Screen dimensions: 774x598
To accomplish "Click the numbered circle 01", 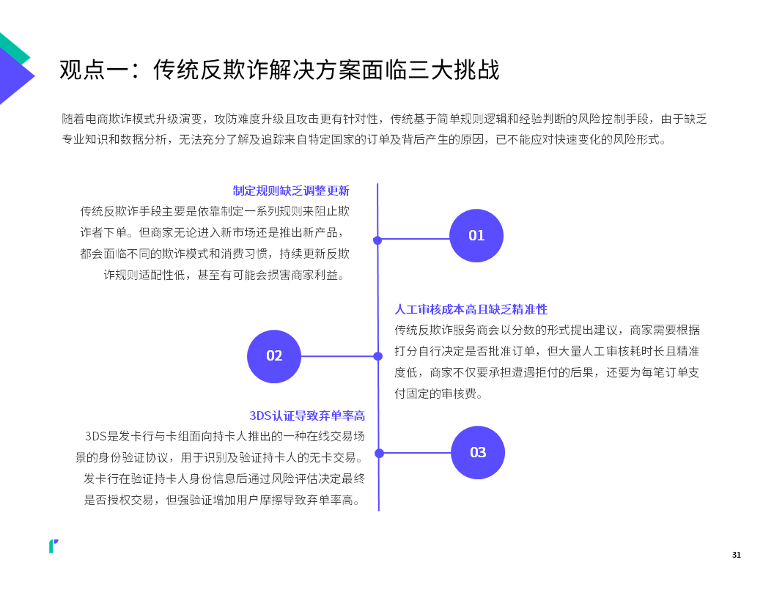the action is (476, 235).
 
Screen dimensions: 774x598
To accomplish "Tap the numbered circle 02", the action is (274, 356).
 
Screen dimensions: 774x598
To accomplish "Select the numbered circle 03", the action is (478, 452).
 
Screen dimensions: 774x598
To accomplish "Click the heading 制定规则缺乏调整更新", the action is (291, 191).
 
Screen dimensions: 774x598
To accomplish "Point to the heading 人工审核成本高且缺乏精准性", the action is (471, 309).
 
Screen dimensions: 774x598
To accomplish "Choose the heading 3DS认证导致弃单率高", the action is (307, 416).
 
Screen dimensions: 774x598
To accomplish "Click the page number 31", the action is (737, 555).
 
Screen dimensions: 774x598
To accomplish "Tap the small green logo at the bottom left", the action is (53, 546).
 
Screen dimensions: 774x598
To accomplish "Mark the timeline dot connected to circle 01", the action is (377, 240).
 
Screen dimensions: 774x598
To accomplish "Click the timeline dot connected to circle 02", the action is (378, 356).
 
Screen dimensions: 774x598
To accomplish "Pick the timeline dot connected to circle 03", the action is (379, 453).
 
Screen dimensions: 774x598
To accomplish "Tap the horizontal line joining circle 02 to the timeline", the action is (339, 356).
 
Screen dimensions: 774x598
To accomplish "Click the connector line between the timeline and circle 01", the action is (413, 240).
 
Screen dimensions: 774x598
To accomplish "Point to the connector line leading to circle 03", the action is (415, 452).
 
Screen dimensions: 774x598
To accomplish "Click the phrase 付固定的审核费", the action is (435, 394).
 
